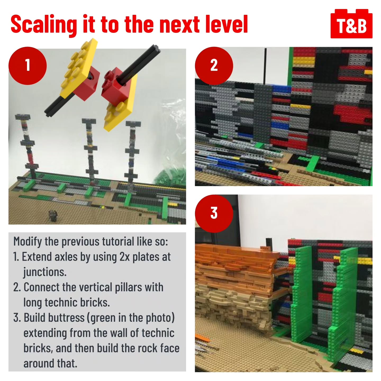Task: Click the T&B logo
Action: [351, 24]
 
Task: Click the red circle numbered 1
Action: [28, 66]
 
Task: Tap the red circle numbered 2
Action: [214, 66]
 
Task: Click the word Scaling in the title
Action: [44, 25]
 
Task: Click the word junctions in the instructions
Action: [45, 273]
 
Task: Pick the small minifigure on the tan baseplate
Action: [53, 216]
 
